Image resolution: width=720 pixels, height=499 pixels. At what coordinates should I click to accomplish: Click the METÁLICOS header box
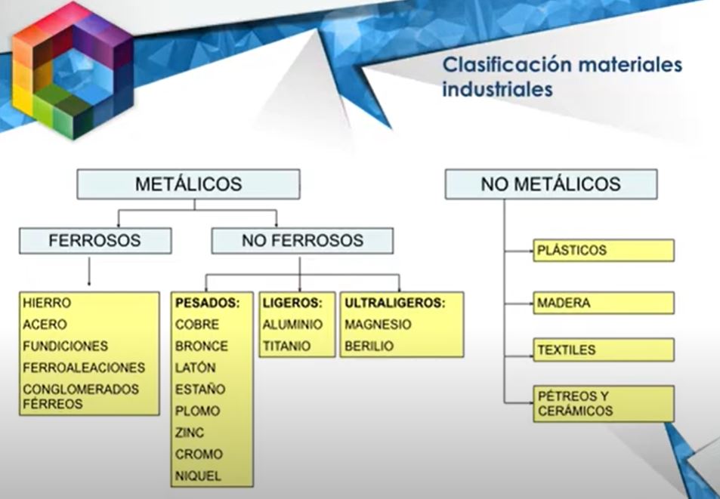click(x=188, y=184)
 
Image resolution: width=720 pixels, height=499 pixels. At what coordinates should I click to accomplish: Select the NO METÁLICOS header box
click(x=551, y=184)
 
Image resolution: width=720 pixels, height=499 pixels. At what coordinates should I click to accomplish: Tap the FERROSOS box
click(x=95, y=241)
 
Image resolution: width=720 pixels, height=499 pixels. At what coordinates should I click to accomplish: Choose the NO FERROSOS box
click(x=302, y=241)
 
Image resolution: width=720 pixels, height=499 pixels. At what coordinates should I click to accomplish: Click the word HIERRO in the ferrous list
click(x=47, y=303)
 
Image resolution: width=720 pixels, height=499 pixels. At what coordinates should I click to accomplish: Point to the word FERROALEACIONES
click(x=84, y=368)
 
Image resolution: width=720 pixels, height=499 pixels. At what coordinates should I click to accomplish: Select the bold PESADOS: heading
click(x=208, y=303)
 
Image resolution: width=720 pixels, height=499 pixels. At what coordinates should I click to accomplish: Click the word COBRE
click(x=197, y=325)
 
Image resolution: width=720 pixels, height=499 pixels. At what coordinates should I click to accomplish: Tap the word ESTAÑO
click(x=200, y=390)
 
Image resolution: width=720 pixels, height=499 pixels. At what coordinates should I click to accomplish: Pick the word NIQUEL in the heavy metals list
click(x=198, y=476)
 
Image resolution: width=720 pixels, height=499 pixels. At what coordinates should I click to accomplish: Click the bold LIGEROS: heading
click(x=292, y=303)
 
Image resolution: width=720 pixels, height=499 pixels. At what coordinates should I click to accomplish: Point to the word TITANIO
click(x=286, y=346)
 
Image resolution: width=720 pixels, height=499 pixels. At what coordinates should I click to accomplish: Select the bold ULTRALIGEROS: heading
click(x=395, y=303)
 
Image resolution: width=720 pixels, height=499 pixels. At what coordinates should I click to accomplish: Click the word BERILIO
click(x=369, y=346)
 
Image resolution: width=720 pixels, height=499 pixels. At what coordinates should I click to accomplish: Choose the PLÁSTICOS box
click(x=604, y=251)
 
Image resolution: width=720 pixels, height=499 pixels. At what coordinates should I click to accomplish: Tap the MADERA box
click(x=604, y=303)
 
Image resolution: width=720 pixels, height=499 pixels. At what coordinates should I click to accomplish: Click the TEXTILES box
click(x=604, y=350)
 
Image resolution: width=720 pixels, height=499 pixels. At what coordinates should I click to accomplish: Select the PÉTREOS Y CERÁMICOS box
click(x=604, y=404)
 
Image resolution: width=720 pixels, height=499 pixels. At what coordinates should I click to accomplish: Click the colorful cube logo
click(x=72, y=70)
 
